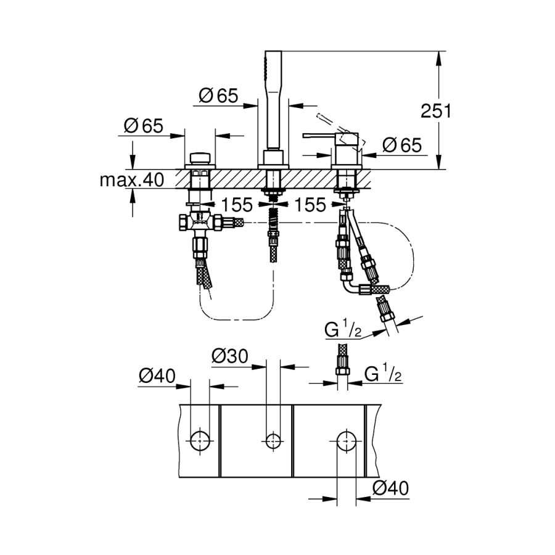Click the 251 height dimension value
[x=437, y=112]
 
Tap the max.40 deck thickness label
[x=131, y=180]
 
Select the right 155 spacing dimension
[x=310, y=204]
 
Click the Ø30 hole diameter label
[x=230, y=356]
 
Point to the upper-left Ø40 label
[x=157, y=376]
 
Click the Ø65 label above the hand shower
[x=219, y=96]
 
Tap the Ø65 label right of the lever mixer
[x=401, y=146]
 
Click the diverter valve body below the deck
[x=200, y=222]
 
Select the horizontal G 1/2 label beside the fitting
[x=383, y=374]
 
